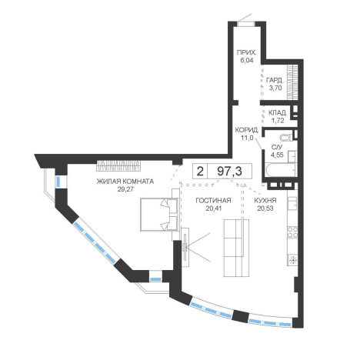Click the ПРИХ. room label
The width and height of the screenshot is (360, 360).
pyautogui.click(x=246, y=53)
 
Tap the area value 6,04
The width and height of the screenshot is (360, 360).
pyautogui.click(x=245, y=61)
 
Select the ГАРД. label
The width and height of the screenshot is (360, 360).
pyautogui.click(x=275, y=80)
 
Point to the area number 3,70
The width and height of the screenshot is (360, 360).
pyautogui.click(x=275, y=88)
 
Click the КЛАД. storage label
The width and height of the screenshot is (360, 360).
pyautogui.click(x=278, y=112)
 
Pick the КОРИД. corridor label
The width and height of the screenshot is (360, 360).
pyautogui.click(x=247, y=130)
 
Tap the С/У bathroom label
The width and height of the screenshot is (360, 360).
pyautogui.click(x=277, y=147)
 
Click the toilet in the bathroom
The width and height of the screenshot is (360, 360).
pyautogui.click(x=287, y=138)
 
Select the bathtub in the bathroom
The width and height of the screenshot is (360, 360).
pyautogui.click(x=280, y=169)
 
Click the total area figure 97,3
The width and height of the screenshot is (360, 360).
pyautogui.click(x=229, y=171)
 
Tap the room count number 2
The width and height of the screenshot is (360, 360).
pyautogui.click(x=200, y=171)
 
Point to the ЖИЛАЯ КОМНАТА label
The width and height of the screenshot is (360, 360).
pyautogui.click(x=125, y=182)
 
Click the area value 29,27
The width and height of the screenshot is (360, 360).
pyautogui.click(x=125, y=189)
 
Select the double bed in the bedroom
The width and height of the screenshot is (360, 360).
pyautogui.click(x=159, y=215)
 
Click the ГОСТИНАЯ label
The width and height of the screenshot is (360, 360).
pyautogui.click(x=213, y=201)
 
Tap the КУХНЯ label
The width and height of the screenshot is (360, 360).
pyautogui.click(x=265, y=201)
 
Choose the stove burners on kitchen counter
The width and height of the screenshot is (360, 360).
pyautogui.click(x=292, y=232)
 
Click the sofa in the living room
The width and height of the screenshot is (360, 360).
pyautogui.click(x=236, y=248)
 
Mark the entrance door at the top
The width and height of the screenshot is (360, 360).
pyautogui.click(x=245, y=24)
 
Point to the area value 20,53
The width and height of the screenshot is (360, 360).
pyautogui.click(x=265, y=208)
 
